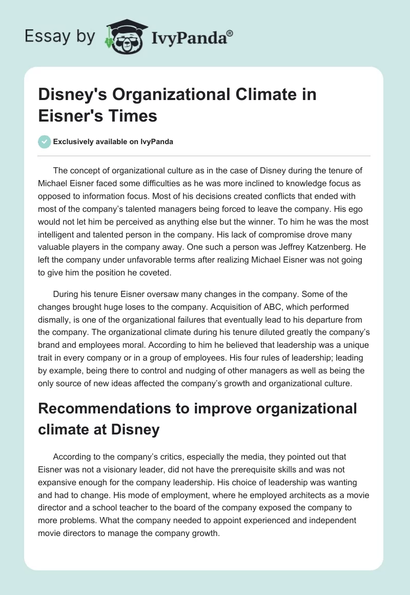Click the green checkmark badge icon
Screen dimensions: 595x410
click(44, 142)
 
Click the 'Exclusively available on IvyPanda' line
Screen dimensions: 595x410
click(113, 142)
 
